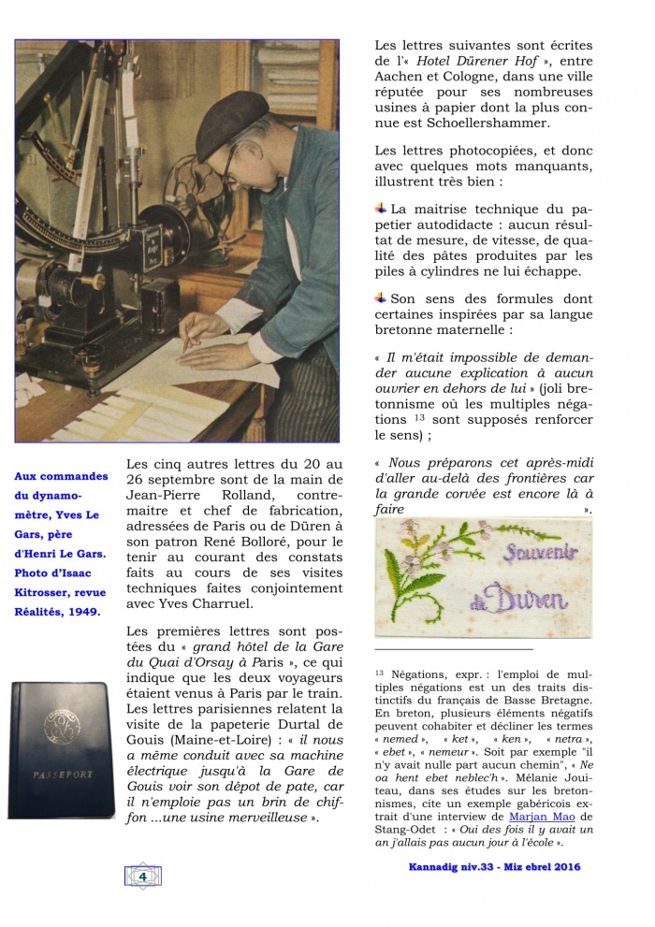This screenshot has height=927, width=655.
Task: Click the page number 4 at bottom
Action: (x=142, y=876)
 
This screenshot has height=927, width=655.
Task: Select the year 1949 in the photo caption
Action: (x=87, y=610)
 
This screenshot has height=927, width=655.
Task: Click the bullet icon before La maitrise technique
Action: (x=381, y=208)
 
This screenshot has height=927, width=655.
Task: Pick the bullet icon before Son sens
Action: (x=381, y=297)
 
